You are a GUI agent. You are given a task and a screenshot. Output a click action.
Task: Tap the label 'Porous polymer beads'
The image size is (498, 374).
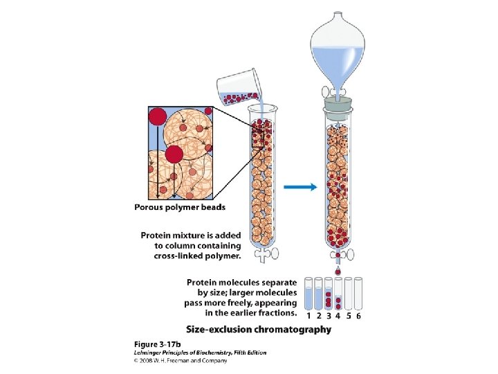click(x=180, y=206)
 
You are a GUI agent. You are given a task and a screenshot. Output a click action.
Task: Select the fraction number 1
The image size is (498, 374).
click(x=308, y=316)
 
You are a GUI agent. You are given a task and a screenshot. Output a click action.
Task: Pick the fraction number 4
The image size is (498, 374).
click(x=338, y=316)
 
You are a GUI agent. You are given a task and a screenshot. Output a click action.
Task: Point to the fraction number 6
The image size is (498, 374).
click(x=358, y=316)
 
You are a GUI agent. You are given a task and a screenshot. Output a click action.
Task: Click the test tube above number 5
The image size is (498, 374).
click(x=348, y=294)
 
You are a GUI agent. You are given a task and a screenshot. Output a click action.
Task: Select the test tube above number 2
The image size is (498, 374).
click(x=318, y=294)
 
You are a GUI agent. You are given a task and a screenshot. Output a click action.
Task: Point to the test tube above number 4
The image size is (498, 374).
click(x=338, y=294)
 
